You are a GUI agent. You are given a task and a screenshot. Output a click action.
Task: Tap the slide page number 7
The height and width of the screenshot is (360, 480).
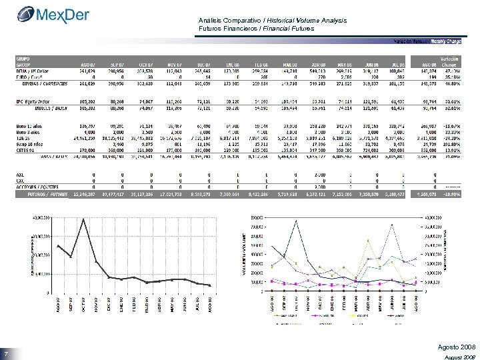point(5,353)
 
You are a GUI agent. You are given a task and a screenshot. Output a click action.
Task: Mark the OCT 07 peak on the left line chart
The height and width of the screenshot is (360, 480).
point(83,218)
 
